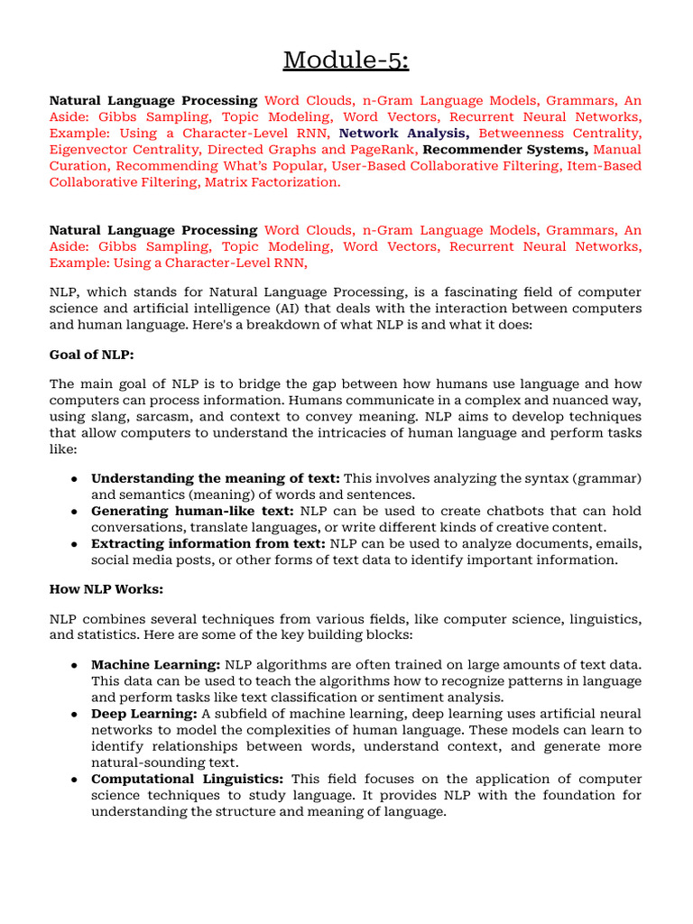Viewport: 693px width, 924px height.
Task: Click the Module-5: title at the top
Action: (346, 60)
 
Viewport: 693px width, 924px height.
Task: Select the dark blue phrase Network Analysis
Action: (403, 134)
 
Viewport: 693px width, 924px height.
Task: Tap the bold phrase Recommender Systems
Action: (506, 150)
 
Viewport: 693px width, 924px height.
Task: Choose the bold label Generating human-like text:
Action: (192, 511)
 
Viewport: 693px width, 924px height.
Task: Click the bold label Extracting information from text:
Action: (208, 543)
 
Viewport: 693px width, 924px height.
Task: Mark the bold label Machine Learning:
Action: (156, 665)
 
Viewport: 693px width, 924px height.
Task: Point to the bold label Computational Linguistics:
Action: (188, 779)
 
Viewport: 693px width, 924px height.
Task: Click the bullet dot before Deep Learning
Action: (72, 714)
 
